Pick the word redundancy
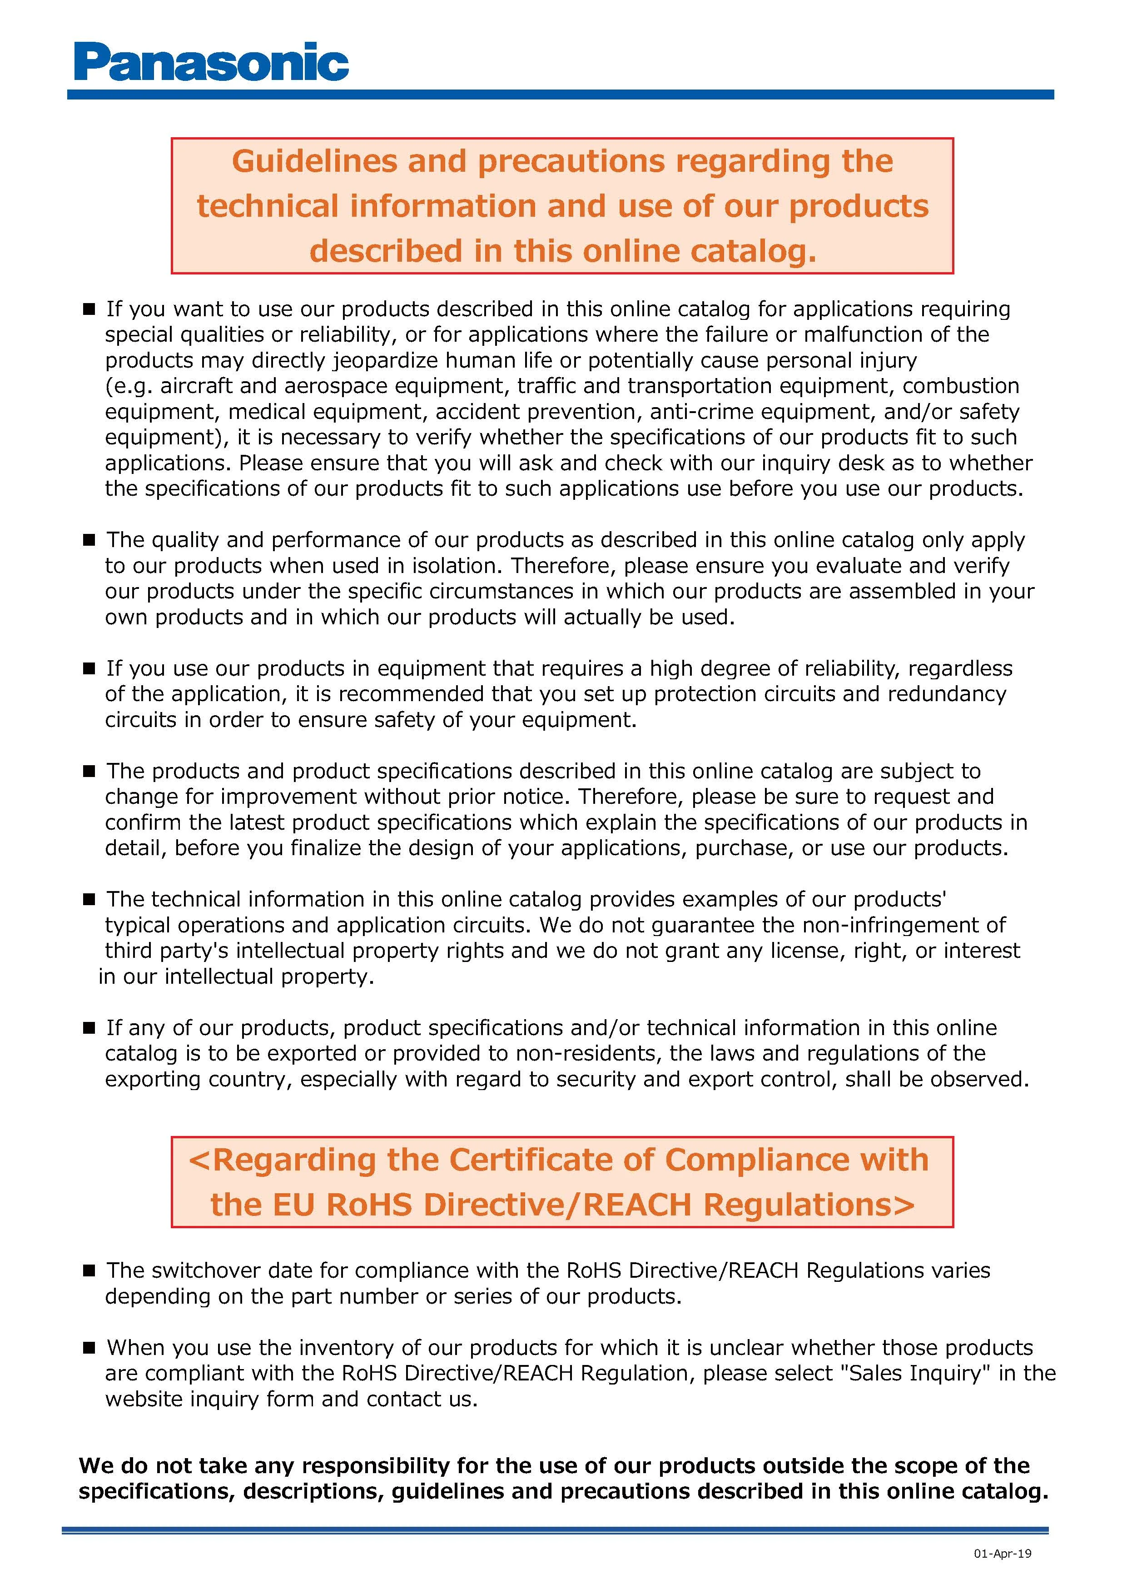[946, 695]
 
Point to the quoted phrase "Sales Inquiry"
[915, 1373]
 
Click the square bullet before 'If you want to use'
[89, 309]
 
